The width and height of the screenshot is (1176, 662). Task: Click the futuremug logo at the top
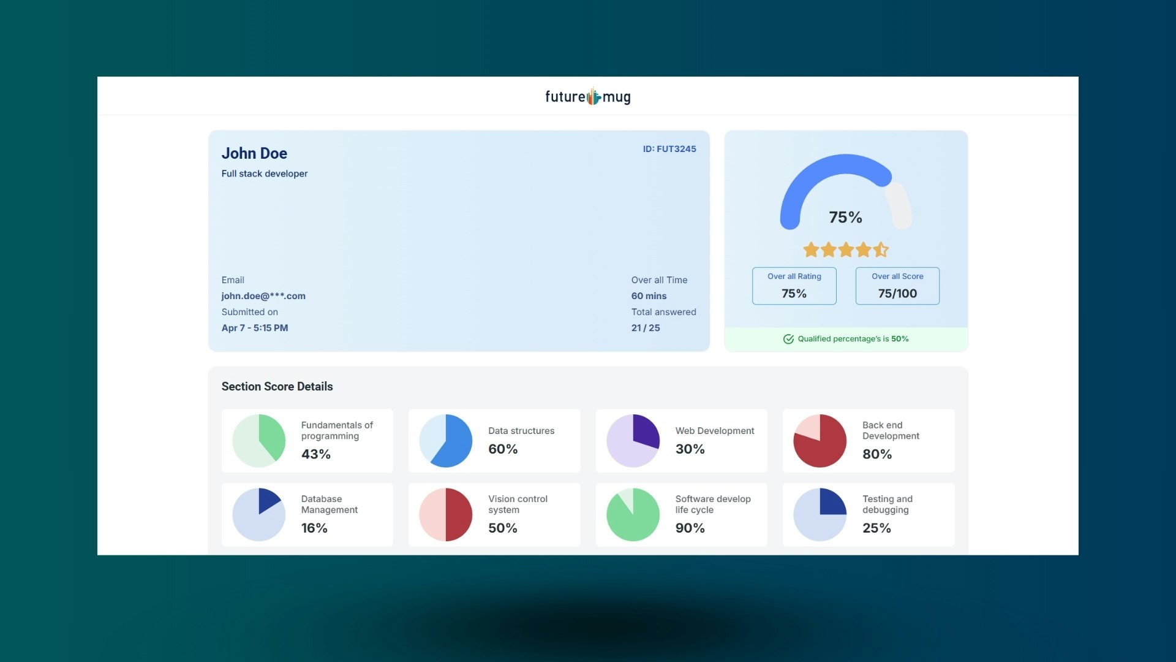click(587, 97)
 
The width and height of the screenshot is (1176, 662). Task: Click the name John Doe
click(254, 153)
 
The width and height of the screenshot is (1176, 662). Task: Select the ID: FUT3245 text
click(669, 149)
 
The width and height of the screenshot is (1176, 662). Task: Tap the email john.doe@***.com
click(263, 296)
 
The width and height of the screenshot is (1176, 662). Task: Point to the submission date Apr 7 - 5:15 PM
click(255, 328)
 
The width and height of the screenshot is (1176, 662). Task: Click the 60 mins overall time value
click(649, 296)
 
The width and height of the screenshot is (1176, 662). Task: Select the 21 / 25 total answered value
click(646, 328)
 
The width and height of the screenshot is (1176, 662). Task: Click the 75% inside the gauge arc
click(845, 218)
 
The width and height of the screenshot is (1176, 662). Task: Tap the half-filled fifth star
click(881, 249)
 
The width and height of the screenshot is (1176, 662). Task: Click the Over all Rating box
click(794, 286)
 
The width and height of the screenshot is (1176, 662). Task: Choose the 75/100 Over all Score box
click(897, 286)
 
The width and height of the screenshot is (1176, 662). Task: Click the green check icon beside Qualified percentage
click(788, 339)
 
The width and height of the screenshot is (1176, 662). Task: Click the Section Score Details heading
click(277, 387)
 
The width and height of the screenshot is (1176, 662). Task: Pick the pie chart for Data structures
click(445, 441)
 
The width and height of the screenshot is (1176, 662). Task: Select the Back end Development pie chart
click(820, 441)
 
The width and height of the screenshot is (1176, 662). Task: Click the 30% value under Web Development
click(690, 449)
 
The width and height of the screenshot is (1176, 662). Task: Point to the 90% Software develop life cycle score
click(690, 528)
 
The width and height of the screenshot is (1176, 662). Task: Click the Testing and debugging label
click(887, 504)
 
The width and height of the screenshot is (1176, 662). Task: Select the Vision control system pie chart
click(445, 514)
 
